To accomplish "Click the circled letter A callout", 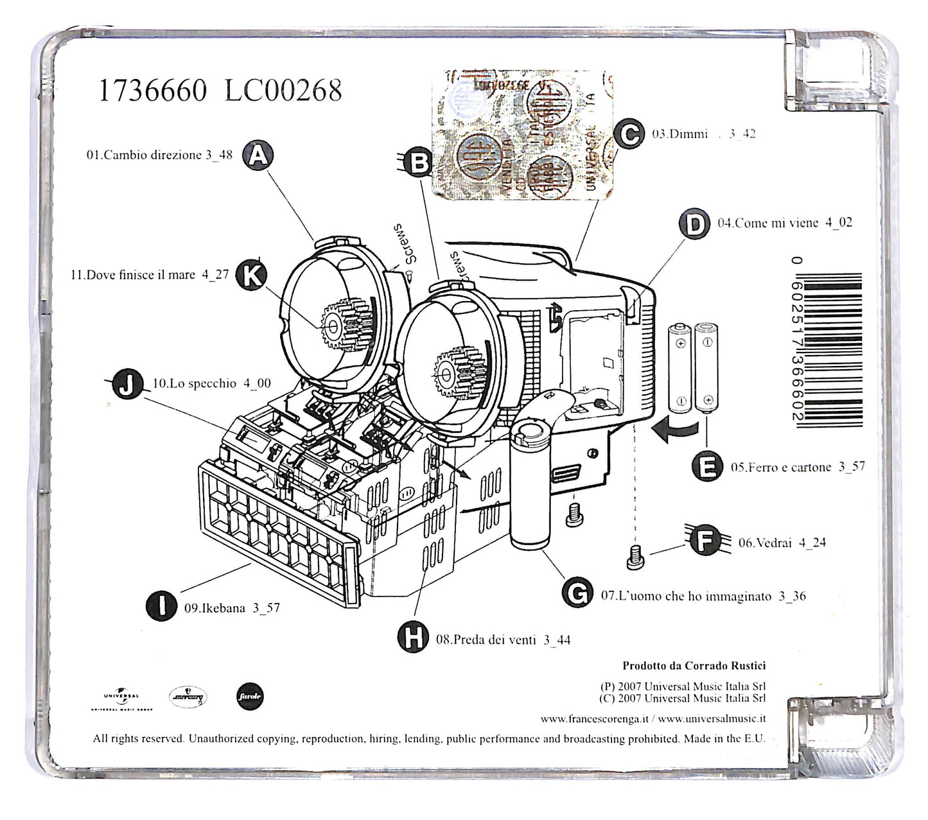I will (x=258, y=156).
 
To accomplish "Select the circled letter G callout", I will (x=577, y=593).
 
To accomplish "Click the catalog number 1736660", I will (x=152, y=91).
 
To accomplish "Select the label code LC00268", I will (x=283, y=91).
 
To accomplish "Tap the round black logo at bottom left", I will (x=249, y=697).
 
